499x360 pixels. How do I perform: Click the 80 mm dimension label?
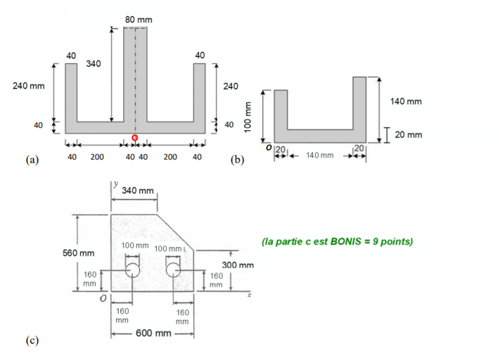tap(138, 20)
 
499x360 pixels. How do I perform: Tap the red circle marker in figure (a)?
tap(135, 138)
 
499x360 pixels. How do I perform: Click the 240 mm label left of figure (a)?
tap(29, 86)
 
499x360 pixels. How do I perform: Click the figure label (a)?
tap(32, 159)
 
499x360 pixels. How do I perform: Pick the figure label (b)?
tap(239, 159)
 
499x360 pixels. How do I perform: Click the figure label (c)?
tap(32, 341)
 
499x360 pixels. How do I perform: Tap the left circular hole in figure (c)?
tap(133, 269)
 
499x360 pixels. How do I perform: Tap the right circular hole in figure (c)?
tap(173, 269)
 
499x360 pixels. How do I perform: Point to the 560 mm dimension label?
tap(79, 253)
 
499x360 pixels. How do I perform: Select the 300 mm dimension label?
tap(237, 266)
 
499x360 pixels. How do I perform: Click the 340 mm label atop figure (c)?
tap(138, 191)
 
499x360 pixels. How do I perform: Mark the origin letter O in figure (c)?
tap(102, 300)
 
